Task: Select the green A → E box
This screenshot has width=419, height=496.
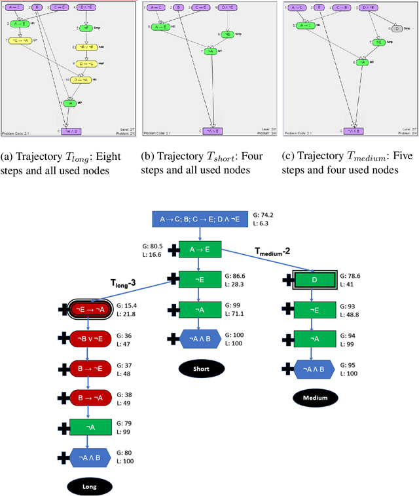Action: [200, 249]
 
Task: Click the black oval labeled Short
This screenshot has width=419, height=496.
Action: [200, 368]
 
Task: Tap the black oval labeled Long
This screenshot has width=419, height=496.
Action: [89, 486]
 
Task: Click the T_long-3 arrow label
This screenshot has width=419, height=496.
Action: [122, 282]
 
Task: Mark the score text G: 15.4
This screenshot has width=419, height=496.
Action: [128, 305]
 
